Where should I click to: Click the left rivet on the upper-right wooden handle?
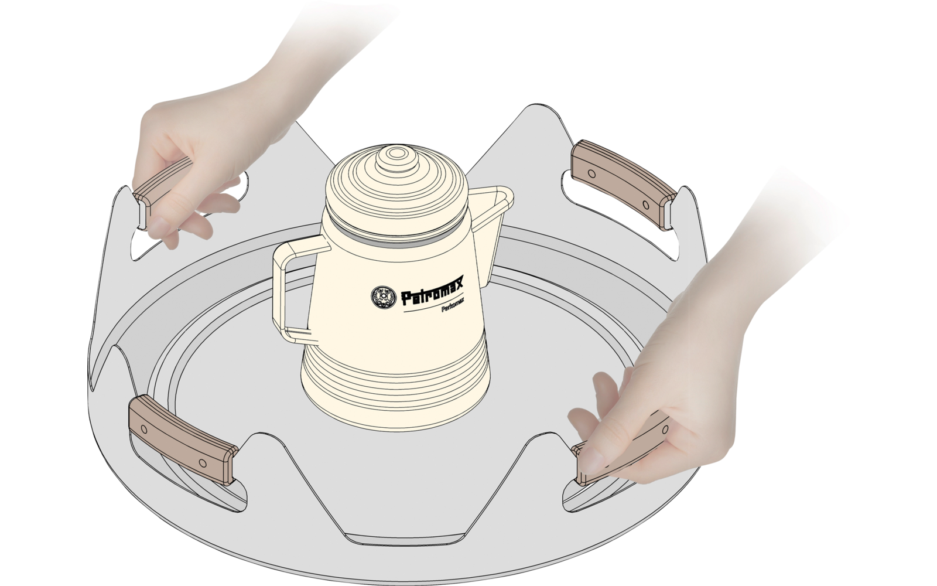tap(591, 174)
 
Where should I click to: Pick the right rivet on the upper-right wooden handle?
tap(645, 205)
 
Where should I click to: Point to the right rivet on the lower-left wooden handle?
tap(202, 463)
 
